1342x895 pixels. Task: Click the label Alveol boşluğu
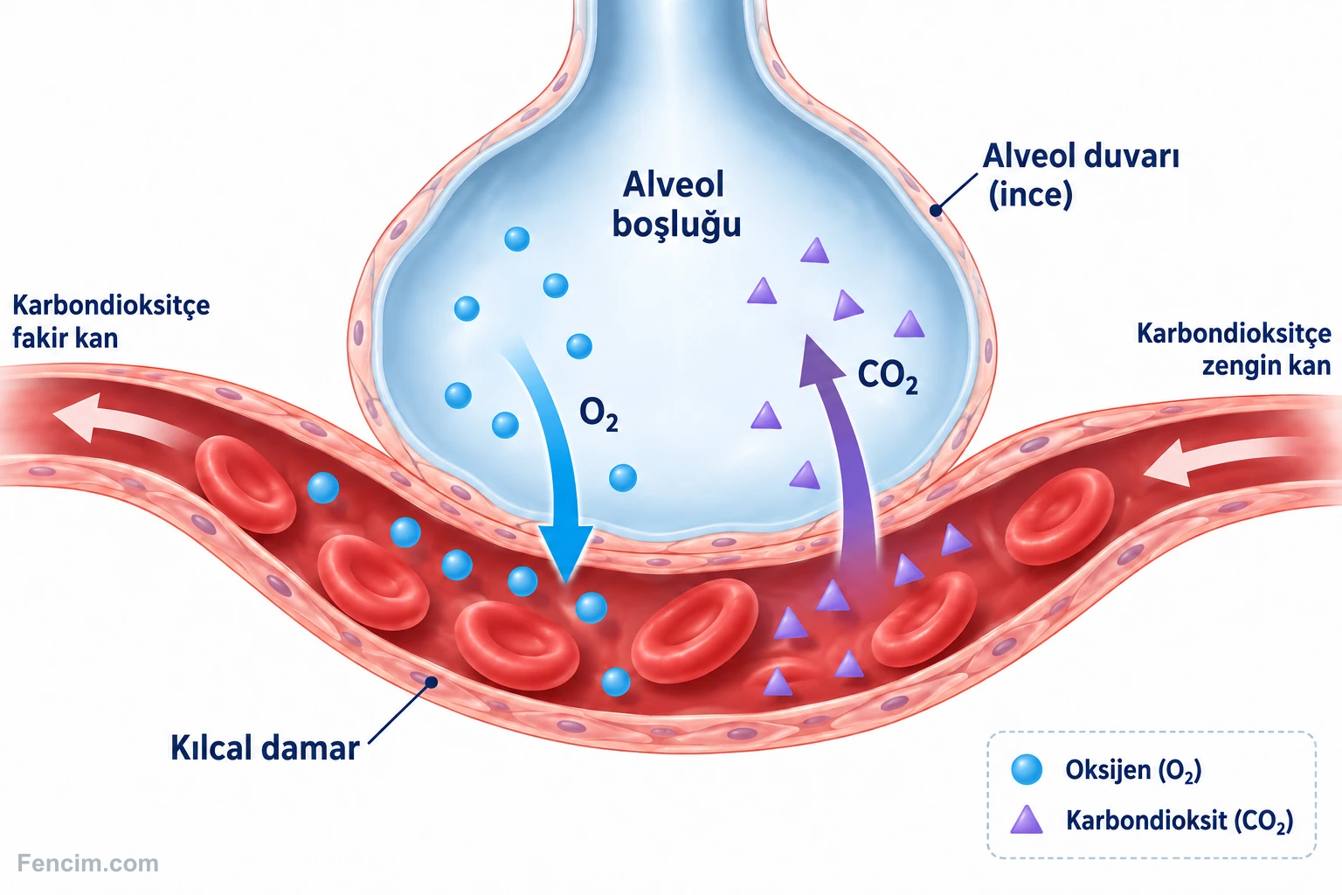point(675,205)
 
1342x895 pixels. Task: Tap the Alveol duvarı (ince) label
point(1081,175)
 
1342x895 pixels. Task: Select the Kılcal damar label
point(265,748)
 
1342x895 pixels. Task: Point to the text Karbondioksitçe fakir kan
point(111,322)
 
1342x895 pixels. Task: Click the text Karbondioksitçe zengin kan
point(1234,350)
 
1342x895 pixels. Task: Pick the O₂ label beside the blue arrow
point(598,415)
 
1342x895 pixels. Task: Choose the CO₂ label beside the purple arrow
point(888,377)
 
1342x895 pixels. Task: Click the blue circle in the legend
point(1027,769)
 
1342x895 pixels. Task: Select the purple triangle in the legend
point(1027,821)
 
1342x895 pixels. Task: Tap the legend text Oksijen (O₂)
point(1133,770)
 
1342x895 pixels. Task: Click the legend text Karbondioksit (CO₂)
point(1179,821)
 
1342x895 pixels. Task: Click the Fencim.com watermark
point(88,864)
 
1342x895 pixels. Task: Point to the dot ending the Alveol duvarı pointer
point(936,211)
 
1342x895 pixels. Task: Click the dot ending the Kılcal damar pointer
point(431,682)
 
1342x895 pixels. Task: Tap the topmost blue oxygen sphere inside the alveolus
point(517,239)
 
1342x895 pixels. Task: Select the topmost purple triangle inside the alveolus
point(815,252)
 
